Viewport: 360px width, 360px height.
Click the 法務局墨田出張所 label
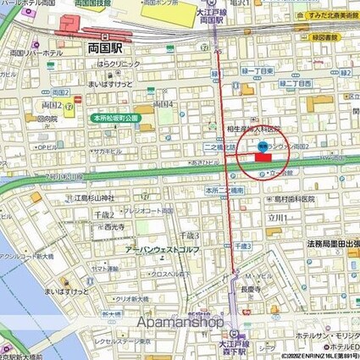point(331,241)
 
